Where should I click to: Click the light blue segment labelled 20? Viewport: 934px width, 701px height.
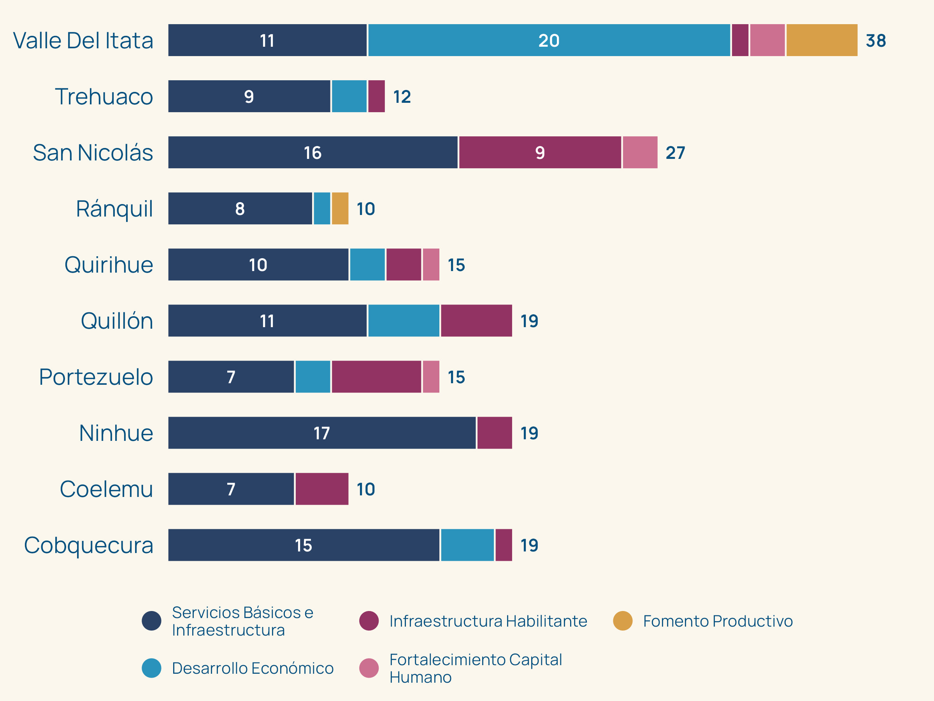(549, 40)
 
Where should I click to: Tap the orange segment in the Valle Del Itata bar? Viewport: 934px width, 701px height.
(822, 40)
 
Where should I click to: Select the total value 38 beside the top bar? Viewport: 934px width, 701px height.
(875, 41)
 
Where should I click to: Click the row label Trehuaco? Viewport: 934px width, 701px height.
(104, 96)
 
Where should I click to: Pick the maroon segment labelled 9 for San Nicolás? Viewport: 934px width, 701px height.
(540, 152)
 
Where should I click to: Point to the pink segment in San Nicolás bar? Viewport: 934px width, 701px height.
(640, 152)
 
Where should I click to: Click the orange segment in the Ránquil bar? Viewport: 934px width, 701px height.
(340, 208)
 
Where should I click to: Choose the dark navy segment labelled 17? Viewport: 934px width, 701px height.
(322, 433)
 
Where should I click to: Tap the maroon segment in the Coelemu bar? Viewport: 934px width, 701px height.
(322, 489)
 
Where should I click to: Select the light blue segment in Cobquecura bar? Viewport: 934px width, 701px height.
(467, 545)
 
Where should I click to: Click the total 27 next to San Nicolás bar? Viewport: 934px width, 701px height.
(675, 153)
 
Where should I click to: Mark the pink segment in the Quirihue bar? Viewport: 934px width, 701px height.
(431, 264)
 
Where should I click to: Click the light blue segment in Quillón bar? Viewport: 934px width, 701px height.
(404, 321)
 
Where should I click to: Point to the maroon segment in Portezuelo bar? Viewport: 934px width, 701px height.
(376, 377)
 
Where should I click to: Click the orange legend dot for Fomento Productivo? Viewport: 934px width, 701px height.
(622, 621)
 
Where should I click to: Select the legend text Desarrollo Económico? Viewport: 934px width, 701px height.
(253, 668)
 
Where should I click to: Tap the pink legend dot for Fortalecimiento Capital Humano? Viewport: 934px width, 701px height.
(369, 668)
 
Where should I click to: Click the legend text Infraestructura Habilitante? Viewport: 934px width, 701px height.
(488, 621)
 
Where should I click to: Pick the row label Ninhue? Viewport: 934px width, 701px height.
(116, 433)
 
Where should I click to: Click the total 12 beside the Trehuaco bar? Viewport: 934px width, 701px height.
(402, 97)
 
